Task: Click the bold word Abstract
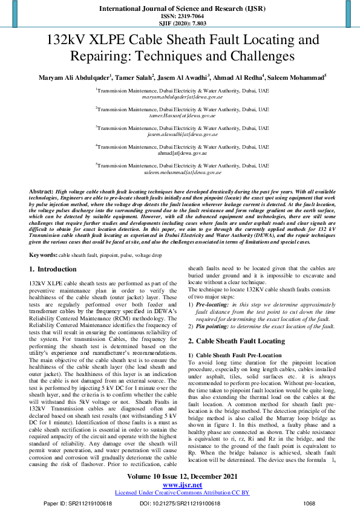[x=41, y=190]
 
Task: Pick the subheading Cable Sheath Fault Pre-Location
[x=239, y=354]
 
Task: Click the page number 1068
[x=309, y=503]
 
